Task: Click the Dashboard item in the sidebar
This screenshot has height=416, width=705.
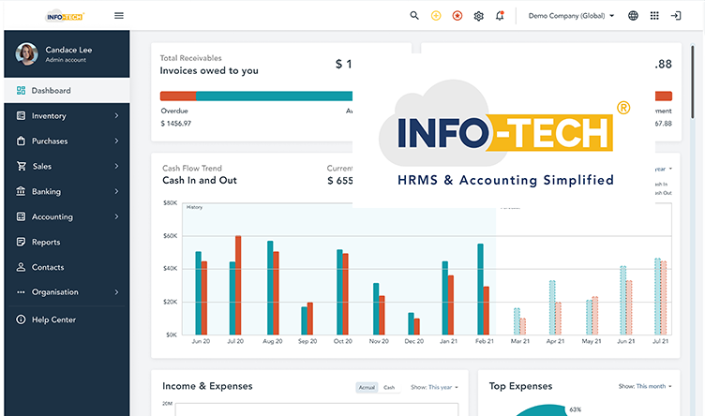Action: (x=51, y=91)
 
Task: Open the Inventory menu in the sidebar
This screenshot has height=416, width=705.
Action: (x=49, y=116)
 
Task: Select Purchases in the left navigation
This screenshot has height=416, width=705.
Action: (x=50, y=141)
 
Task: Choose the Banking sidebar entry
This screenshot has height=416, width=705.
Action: (x=46, y=191)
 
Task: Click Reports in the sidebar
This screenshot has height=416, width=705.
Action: (x=46, y=242)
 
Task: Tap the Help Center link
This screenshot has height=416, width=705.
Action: (x=53, y=319)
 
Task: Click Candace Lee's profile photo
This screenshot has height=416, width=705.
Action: (x=27, y=53)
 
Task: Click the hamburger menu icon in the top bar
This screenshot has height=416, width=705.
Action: (x=118, y=15)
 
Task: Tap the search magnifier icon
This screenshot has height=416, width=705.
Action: (x=414, y=15)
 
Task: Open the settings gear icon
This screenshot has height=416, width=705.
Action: (x=478, y=15)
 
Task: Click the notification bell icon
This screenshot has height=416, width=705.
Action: (x=500, y=15)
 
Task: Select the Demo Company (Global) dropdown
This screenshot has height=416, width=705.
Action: (x=571, y=15)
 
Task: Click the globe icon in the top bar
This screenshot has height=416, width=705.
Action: (x=633, y=15)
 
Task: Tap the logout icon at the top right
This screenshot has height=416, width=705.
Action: (x=676, y=15)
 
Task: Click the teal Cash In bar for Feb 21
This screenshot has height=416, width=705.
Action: (x=480, y=289)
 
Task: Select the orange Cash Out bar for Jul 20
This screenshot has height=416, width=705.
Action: (x=238, y=285)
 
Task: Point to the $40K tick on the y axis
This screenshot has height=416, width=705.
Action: (x=170, y=269)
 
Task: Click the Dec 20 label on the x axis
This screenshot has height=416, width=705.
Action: (x=413, y=342)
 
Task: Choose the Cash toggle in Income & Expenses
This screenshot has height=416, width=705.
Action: (x=389, y=387)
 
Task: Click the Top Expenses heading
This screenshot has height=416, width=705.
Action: (x=520, y=386)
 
